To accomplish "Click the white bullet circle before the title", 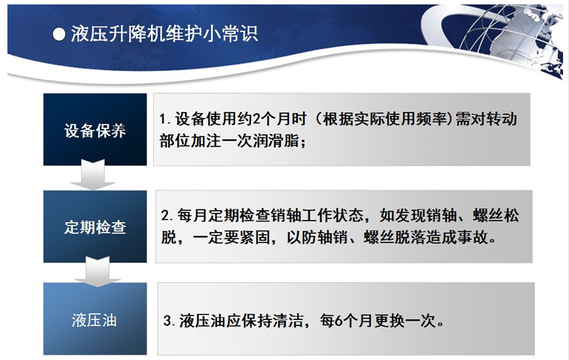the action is click(x=59, y=35).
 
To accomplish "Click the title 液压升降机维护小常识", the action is click(x=164, y=34).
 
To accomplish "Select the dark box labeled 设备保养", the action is click(x=95, y=130).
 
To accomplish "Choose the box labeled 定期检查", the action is click(x=95, y=227).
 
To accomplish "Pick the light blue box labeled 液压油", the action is click(x=95, y=319).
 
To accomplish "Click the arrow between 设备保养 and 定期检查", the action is click(x=93, y=175).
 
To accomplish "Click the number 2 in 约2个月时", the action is click(x=256, y=119).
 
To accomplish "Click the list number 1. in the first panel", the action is click(x=165, y=119).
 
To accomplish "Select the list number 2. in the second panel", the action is click(x=167, y=216).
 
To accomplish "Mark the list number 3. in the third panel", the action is click(x=170, y=321).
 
